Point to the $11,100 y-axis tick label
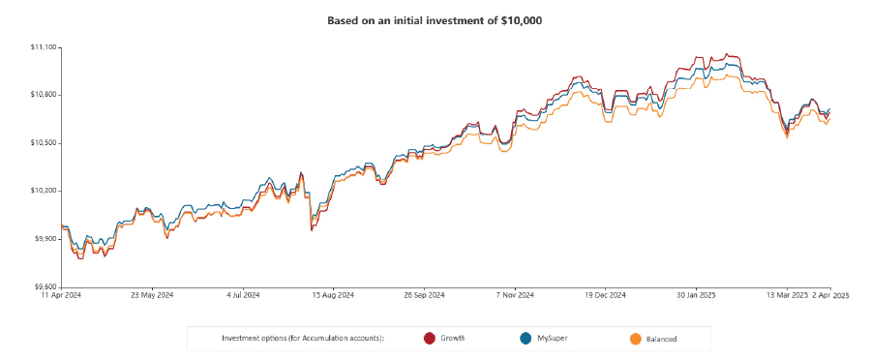pos(45,46)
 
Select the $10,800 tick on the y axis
pos(45,95)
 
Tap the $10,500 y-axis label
pos(45,143)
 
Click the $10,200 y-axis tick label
pos(45,191)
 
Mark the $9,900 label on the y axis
pos(45,238)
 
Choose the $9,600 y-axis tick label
pos(45,286)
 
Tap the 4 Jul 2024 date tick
pos(243,295)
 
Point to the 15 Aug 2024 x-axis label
pos(332,295)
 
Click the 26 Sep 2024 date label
pos(424,295)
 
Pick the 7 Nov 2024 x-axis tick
pos(514,295)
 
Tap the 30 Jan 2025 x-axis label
pos(696,295)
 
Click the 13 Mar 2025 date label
pos(786,295)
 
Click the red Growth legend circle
pos(430,338)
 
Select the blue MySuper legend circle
pos(526,338)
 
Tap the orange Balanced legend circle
pos(636,338)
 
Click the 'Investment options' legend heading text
pos(302,338)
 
